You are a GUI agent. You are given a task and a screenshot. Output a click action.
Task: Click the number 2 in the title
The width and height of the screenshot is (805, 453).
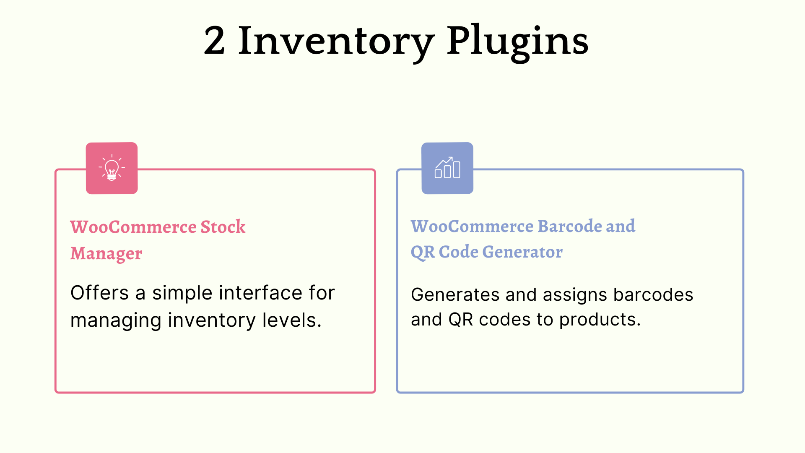[x=214, y=41]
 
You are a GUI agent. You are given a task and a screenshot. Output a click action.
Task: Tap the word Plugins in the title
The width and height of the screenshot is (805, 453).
[x=517, y=42]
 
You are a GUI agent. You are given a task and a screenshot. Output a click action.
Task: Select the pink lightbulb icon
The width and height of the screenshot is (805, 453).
[x=112, y=168]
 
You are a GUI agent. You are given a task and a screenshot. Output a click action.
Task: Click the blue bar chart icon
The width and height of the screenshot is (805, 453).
[x=447, y=168]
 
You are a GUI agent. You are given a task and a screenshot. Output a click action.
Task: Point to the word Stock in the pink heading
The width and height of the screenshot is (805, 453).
[x=223, y=227]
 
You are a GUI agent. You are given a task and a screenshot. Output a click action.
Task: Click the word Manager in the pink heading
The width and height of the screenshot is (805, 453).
[x=106, y=254]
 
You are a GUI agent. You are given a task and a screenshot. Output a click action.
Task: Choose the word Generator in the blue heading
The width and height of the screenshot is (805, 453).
[x=522, y=252]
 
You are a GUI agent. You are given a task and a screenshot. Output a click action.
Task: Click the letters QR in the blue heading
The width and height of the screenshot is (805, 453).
[x=423, y=252]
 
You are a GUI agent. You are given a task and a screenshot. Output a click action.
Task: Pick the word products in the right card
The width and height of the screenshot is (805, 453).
[x=600, y=320]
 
